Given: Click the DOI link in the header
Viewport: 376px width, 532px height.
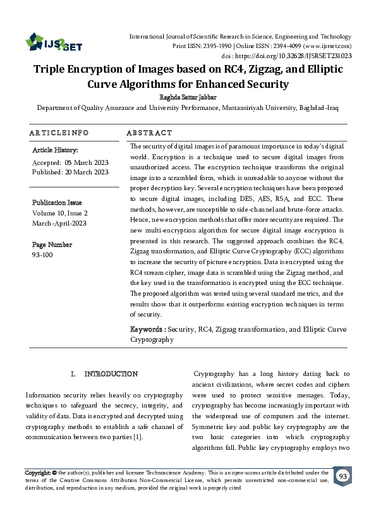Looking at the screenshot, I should [310, 55].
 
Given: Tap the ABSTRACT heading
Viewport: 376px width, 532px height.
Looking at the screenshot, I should [149, 133].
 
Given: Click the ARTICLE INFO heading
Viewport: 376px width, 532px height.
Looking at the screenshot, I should [58, 133].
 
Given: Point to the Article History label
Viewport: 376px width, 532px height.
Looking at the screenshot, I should [55, 150].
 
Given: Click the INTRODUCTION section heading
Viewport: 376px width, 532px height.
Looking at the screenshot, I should [111, 374].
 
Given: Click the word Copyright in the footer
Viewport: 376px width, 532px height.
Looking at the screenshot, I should [37, 473].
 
